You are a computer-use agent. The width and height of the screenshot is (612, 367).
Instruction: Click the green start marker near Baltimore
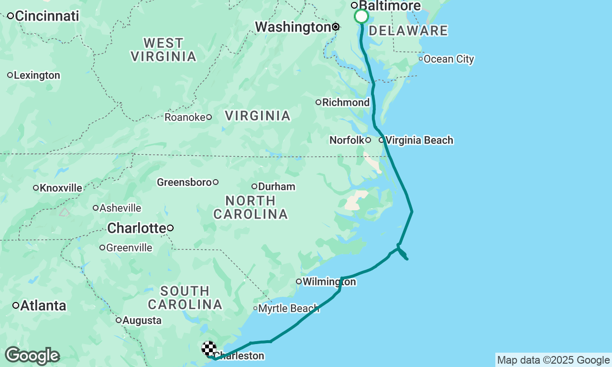[x=361, y=17]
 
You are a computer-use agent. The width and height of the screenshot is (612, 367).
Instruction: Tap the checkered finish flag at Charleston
[x=209, y=348]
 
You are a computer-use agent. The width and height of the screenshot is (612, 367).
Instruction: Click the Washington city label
[x=293, y=27]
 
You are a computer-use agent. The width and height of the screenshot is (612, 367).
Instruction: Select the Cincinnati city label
[x=47, y=16]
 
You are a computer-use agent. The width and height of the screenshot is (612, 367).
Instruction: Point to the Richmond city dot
[x=318, y=102]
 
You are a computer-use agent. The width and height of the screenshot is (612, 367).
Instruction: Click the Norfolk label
[x=347, y=140]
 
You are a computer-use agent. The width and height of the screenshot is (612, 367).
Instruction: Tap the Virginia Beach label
[x=419, y=140]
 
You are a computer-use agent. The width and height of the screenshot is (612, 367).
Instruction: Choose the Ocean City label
[x=448, y=59]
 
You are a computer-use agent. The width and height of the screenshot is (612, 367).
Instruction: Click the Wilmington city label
[x=329, y=281]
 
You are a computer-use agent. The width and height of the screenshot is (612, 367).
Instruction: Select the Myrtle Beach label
[x=288, y=309]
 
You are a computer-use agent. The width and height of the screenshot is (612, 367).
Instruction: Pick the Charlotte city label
[x=136, y=228]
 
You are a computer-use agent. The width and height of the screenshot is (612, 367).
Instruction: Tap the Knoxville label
[x=61, y=188]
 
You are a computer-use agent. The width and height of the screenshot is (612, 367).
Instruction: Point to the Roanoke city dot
[x=209, y=117]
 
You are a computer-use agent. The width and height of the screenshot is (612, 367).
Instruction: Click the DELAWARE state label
[x=408, y=31]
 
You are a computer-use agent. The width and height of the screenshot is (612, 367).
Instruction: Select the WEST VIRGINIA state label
[x=164, y=50]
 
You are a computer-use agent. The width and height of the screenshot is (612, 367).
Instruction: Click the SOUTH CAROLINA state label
[x=185, y=297]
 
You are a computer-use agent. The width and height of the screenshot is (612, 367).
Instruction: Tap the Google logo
[x=33, y=356]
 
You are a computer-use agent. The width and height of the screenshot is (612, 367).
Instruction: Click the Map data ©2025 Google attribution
[x=553, y=360]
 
